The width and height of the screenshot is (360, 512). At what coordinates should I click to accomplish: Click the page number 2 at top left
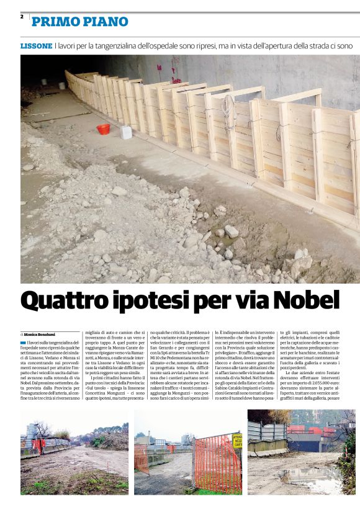click(22, 17)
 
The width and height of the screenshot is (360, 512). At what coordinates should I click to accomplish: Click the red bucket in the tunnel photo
click(103, 129)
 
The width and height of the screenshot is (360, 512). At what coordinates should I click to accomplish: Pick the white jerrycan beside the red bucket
click(126, 132)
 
